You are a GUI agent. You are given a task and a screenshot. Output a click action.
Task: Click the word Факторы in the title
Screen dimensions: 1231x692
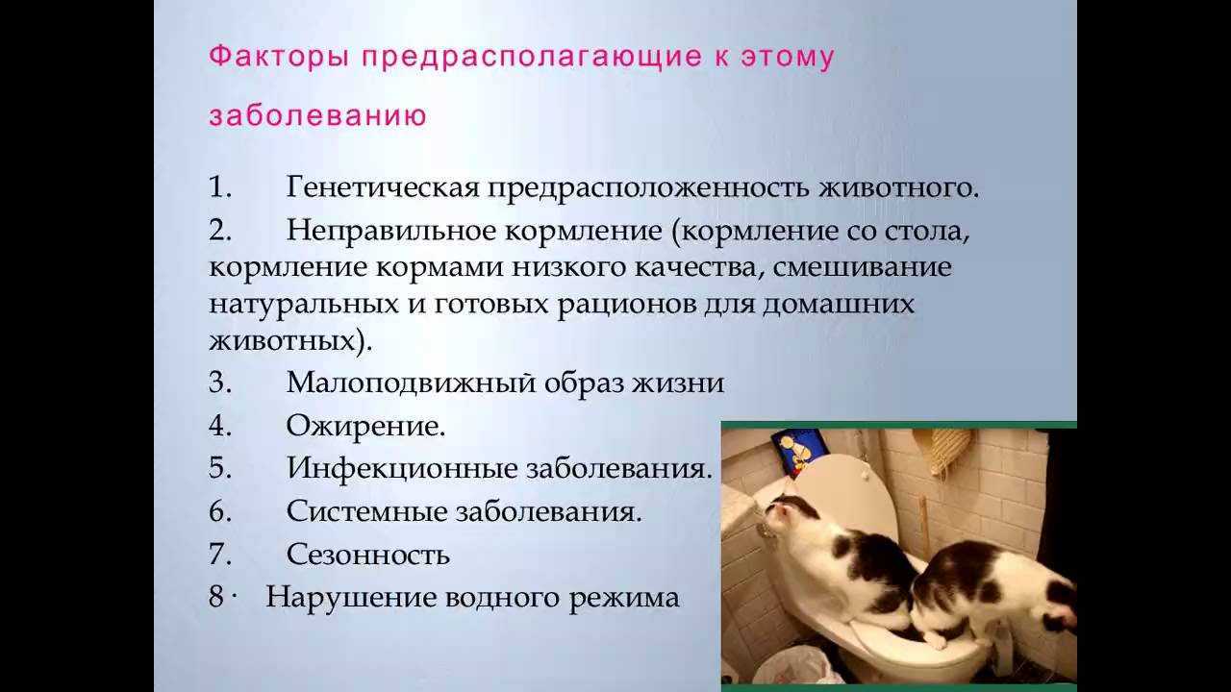point(279,57)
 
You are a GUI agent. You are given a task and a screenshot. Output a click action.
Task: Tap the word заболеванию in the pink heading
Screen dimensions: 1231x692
point(317,116)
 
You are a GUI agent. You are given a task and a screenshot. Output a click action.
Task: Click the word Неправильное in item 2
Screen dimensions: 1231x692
point(391,230)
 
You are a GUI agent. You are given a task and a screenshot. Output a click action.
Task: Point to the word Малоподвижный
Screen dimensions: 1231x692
point(411,383)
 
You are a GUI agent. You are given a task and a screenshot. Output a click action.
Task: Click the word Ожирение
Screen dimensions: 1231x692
point(365,425)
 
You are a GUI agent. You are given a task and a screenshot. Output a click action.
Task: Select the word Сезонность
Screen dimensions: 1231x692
point(368,555)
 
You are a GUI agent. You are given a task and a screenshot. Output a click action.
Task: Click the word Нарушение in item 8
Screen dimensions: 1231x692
point(351,597)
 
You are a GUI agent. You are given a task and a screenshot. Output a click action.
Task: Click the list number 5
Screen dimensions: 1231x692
point(220,468)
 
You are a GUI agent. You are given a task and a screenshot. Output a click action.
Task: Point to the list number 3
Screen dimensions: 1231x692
point(220,383)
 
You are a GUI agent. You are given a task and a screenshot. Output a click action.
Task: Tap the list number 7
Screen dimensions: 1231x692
point(220,555)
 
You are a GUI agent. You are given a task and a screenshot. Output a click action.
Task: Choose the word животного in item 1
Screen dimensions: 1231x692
point(899,187)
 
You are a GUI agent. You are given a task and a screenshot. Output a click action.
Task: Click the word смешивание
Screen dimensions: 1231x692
point(863,267)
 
